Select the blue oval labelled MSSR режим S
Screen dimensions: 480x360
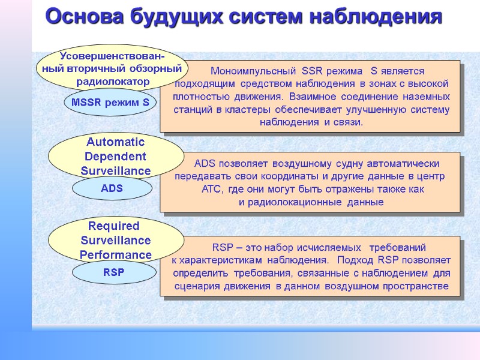coord(110,103)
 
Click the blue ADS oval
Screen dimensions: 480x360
coord(112,188)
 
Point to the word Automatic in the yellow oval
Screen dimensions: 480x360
coord(116,142)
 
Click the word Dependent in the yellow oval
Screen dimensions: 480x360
coord(116,157)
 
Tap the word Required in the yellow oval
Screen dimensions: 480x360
coord(114,226)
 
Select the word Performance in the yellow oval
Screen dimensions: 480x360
coord(116,255)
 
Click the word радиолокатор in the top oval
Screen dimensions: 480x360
coord(109,81)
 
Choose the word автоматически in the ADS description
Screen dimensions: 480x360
coord(404,164)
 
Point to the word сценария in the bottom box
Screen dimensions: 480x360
coord(199,286)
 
